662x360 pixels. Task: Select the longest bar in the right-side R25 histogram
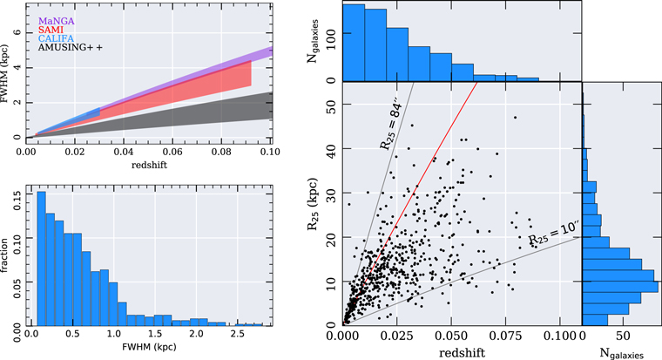point(619,287)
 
